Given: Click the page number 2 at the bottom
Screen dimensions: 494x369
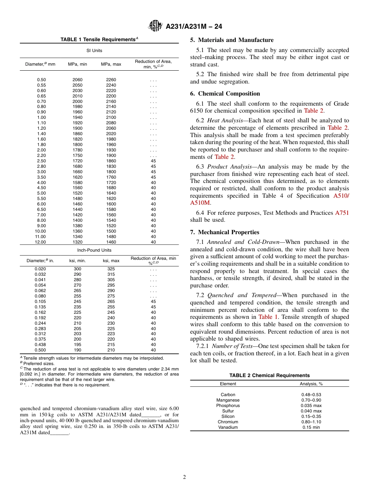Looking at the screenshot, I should point(184,477).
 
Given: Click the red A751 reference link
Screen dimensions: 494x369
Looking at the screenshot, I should point(341,213).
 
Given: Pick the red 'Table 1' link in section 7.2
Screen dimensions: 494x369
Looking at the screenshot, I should point(268,317).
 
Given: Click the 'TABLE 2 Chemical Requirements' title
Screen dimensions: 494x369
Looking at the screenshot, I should point(269,375).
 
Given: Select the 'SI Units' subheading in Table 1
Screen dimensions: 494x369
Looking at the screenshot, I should point(94,50).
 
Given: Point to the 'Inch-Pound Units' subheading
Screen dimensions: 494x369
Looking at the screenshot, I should point(94,250).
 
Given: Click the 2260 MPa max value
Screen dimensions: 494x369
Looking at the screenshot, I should point(111,80).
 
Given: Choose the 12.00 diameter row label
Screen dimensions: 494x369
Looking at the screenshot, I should point(40,242).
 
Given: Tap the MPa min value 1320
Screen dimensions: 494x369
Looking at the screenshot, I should point(77,242).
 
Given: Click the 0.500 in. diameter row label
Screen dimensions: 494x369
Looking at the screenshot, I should point(40,350).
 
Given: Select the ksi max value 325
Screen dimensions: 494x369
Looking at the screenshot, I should point(111,269).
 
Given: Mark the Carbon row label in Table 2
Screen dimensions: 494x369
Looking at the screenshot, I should point(228,395).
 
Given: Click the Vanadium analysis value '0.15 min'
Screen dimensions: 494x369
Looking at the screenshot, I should point(311,427).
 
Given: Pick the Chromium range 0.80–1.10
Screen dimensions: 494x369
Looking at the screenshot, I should point(311,422).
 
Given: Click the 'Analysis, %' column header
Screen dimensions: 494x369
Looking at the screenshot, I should point(311,384).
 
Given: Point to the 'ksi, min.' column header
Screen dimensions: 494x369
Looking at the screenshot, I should point(77,261).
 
